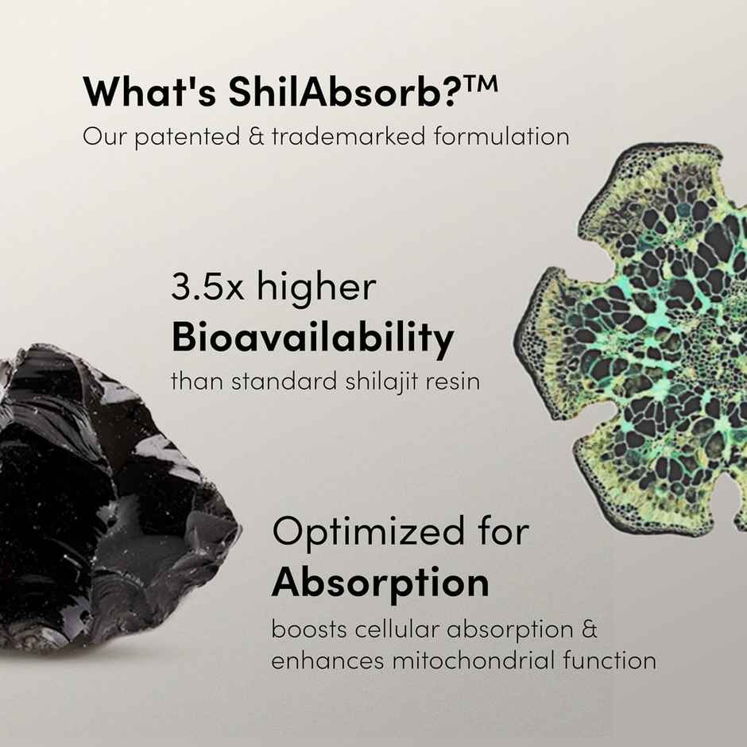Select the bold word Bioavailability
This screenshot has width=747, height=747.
coord(312,339)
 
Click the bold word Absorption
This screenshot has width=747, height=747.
coord(380,583)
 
